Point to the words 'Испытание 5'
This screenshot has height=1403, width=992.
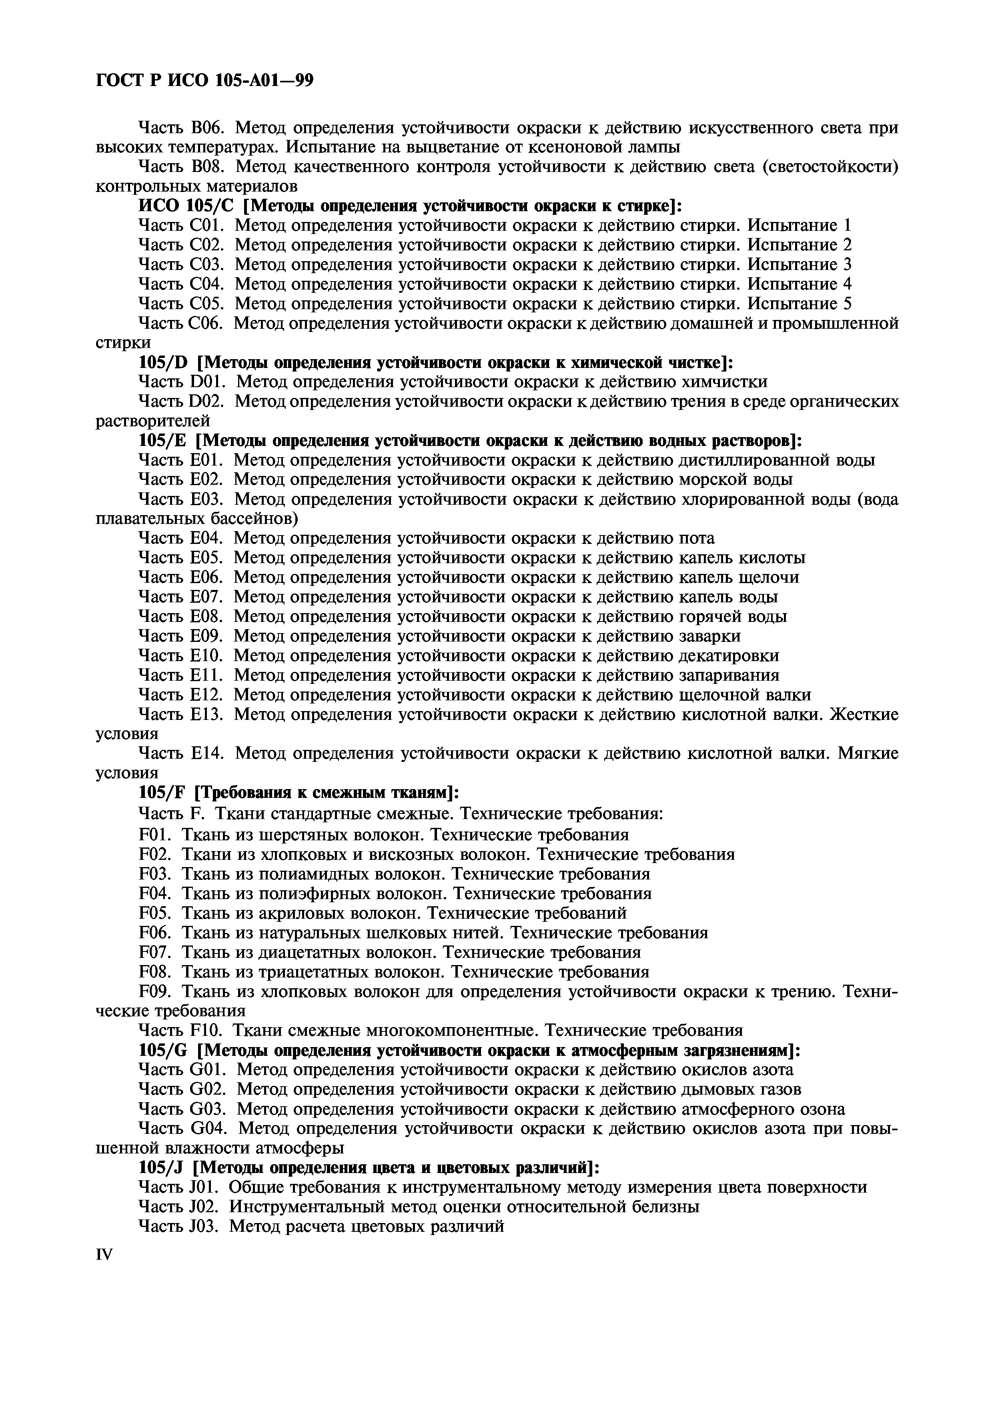pos(800,304)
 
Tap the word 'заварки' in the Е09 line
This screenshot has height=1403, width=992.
pos(710,636)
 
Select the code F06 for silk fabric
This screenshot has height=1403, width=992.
pos(157,933)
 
